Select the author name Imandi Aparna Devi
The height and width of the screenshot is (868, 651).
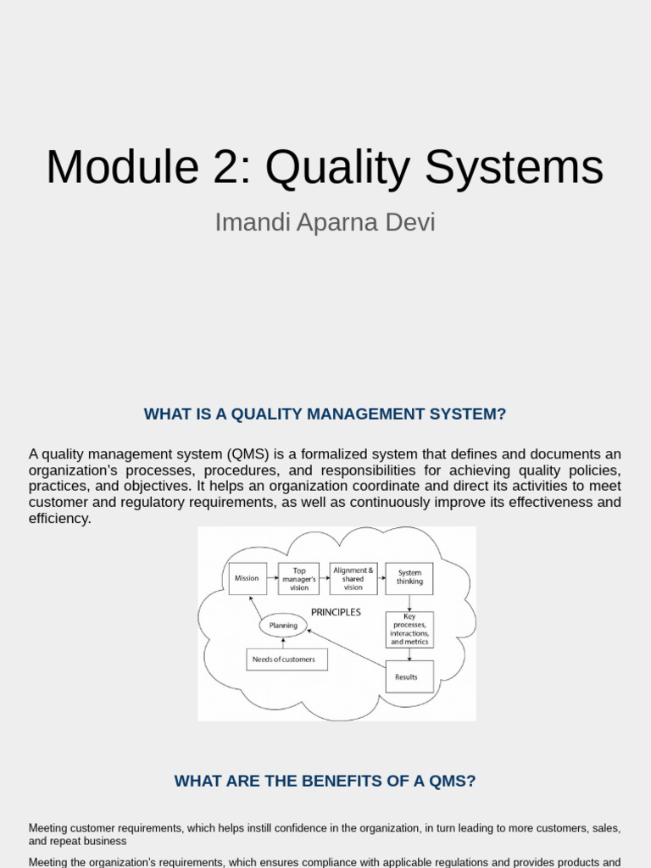325,222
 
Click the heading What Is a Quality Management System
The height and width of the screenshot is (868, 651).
325,414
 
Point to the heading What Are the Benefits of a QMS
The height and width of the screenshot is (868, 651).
325,781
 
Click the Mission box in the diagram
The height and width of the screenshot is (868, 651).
247,578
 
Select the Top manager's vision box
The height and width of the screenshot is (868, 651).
299,579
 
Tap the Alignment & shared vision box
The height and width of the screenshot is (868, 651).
353,579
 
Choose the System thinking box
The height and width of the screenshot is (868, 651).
409,578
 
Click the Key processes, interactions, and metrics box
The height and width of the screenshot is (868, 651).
409,630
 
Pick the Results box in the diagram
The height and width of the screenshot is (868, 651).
409,676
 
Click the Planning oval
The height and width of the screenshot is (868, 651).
283,626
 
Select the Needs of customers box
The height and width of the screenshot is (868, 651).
287,659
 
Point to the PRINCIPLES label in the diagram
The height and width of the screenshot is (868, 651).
336,612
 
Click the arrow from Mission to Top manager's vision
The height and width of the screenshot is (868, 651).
272,578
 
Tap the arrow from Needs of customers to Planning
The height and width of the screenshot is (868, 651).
283,643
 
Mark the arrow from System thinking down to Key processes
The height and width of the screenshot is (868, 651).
409,603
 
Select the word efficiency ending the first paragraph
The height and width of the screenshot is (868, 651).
59,518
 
